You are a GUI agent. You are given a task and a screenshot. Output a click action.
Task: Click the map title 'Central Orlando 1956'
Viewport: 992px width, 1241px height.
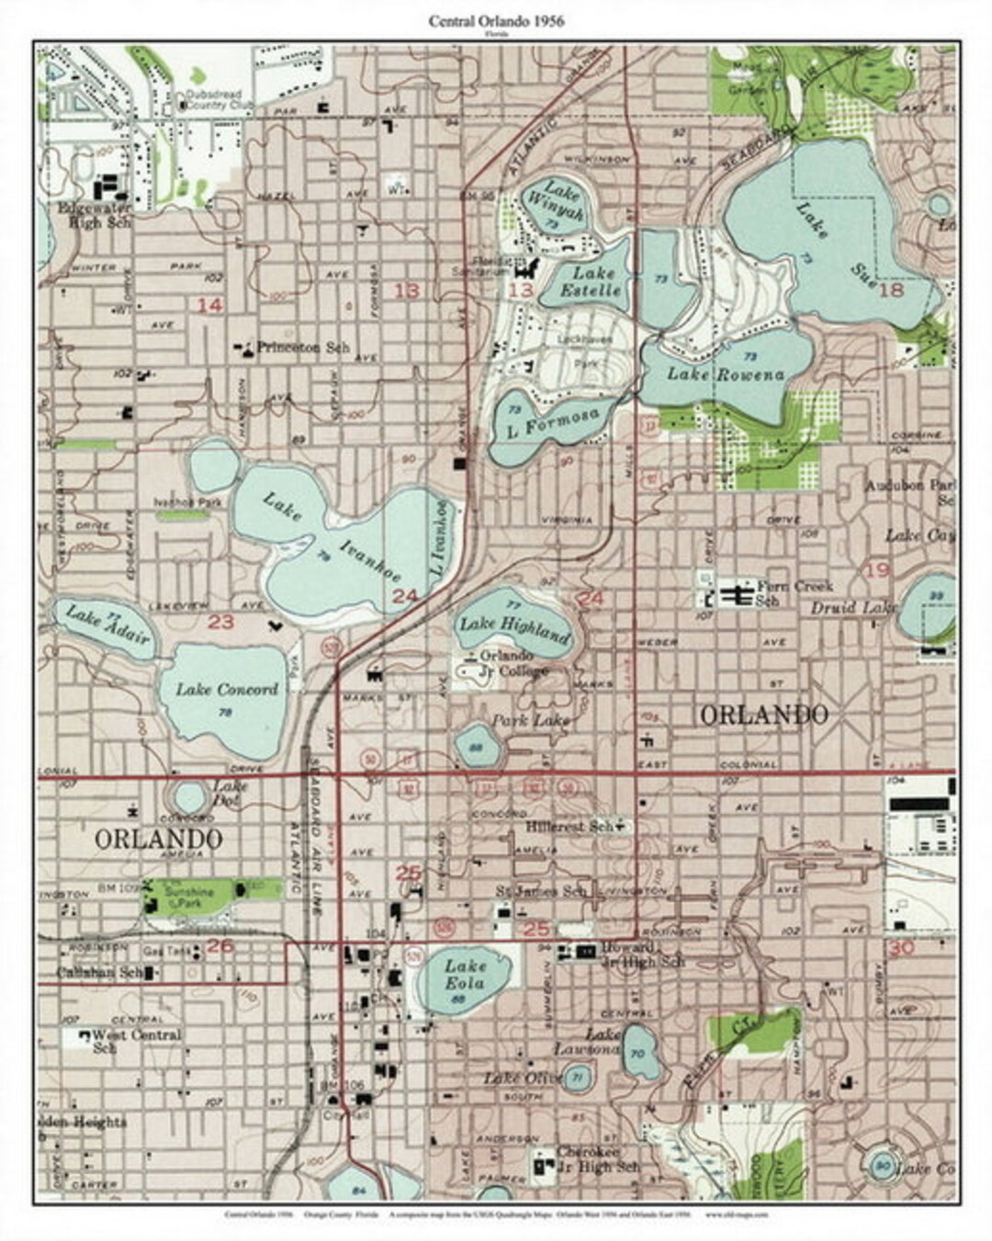pyautogui.click(x=495, y=20)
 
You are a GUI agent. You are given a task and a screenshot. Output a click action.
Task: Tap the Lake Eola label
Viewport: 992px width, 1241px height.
pyautogui.click(x=465, y=975)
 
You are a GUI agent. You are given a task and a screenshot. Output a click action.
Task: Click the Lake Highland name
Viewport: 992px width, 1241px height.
pyautogui.click(x=514, y=629)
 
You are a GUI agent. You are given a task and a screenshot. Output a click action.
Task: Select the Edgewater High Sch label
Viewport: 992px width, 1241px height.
pyautogui.click(x=95, y=215)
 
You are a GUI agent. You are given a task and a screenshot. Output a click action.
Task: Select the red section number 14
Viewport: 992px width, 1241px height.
pyautogui.click(x=210, y=305)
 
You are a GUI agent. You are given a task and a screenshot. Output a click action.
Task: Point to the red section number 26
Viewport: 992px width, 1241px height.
pyautogui.click(x=220, y=944)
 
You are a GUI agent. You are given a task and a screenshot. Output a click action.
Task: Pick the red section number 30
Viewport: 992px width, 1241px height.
pyautogui.click(x=901, y=948)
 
